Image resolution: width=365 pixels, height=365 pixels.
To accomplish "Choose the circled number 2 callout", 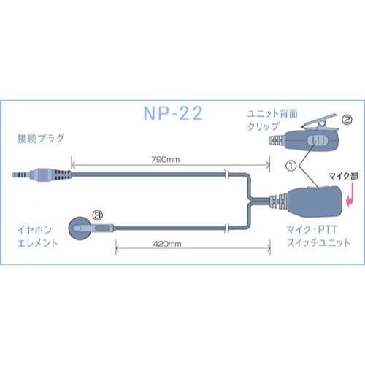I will click(347, 117).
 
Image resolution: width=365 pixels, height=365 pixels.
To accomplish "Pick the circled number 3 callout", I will click(97, 215).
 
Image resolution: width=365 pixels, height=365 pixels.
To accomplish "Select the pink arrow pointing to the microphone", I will click(352, 196).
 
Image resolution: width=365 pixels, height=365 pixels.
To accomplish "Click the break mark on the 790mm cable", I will click(228, 175).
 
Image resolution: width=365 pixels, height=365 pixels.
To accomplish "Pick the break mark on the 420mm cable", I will click(228, 228).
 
